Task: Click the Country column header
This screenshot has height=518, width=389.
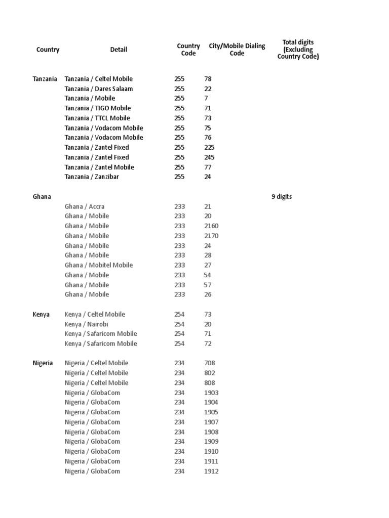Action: click(48, 50)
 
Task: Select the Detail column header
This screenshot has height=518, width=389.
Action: click(119, 50)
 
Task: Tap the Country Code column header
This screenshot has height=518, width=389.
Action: click(188, 50)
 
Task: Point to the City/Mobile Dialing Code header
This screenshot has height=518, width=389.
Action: click(237, 50)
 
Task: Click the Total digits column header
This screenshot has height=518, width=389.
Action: click(298, 50)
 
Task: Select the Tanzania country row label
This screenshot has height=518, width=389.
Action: click(45, 79)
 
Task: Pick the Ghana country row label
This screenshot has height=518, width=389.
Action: click(42, 197)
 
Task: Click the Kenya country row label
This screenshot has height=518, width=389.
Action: click(41, 314)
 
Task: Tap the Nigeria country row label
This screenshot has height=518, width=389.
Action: click(43, 363)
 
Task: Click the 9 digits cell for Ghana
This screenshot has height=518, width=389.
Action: click(282, 197)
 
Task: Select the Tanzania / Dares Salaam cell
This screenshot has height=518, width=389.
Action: click(99, 89)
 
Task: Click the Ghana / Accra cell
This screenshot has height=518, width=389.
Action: click(85, 206)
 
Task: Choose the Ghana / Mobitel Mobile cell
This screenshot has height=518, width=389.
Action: click(99, 265)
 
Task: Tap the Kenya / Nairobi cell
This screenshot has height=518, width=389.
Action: click(86, 324)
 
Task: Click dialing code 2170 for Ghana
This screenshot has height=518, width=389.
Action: click(211, 236)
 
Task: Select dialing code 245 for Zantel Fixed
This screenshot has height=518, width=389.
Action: click(209, 157)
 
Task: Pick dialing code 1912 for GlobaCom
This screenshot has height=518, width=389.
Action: click(211, 471)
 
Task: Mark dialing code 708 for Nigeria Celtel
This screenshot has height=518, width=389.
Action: click(210, 363)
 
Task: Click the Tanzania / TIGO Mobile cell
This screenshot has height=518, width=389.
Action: click(98, 108)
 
